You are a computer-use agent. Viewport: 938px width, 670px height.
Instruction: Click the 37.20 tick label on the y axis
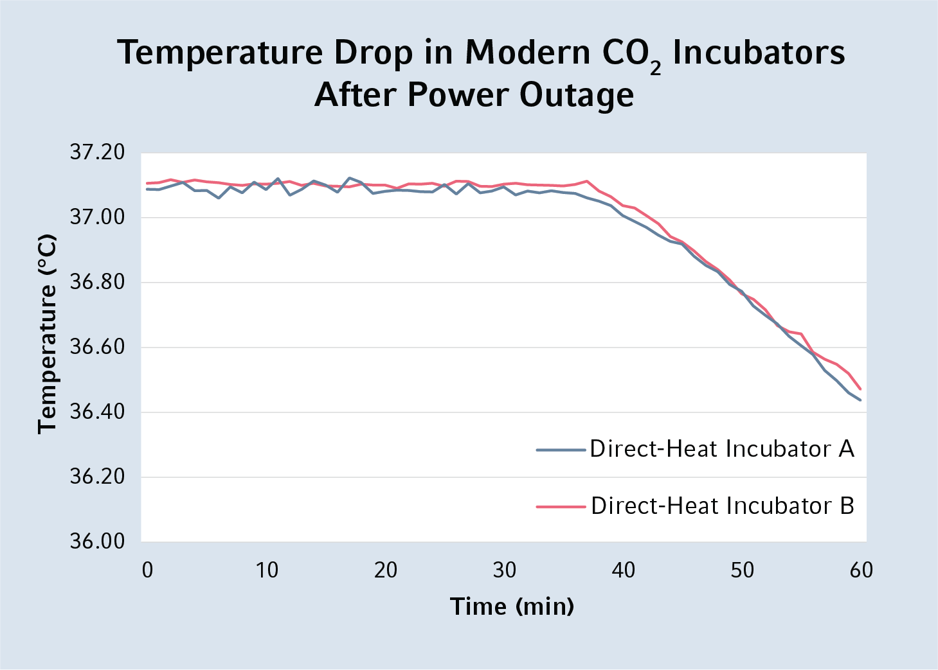point(96,153)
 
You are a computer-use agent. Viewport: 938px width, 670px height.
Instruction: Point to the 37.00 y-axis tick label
point(96,217)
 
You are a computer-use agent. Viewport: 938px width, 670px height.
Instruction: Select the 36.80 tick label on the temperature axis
point(96,282)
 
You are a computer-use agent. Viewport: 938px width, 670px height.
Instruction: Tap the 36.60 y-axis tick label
point(96,347)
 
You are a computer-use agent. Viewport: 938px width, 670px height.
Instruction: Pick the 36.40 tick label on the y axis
point(96,412)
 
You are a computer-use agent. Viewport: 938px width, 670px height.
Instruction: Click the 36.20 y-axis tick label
point(96,477)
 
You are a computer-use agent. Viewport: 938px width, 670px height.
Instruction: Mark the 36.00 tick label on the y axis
point(96,541)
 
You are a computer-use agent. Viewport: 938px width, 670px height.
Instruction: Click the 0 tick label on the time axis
point(148,570)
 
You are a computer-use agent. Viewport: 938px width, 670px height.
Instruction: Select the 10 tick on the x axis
point(266,570)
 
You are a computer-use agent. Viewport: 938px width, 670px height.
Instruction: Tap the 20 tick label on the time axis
point(385,570)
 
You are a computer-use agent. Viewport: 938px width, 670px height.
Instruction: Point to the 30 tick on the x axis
point(504,570)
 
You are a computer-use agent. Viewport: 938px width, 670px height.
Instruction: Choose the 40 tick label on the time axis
point(623,570)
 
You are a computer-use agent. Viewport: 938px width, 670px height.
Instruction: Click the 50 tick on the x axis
point(742,570)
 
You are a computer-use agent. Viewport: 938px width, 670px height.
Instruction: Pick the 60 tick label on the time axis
point(861,570)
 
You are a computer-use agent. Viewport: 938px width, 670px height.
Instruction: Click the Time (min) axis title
point(512,606)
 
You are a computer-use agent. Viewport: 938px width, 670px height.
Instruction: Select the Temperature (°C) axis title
point(47,334)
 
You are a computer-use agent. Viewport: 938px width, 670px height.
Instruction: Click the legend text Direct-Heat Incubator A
point(722,449)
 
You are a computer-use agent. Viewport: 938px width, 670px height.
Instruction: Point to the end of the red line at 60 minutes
point(860,389)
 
